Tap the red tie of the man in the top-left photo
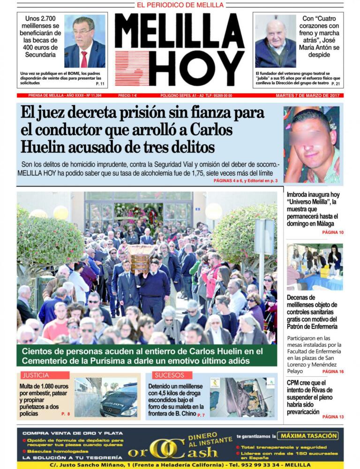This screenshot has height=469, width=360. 84,59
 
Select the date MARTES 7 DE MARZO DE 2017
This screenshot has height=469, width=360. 309,96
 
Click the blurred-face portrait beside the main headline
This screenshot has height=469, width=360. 311,144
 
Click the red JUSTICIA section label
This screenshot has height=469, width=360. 38,375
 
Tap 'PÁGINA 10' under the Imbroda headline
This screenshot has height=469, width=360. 333,233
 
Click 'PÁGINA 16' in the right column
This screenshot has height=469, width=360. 333,372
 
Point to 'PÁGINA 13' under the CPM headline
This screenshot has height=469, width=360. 333,417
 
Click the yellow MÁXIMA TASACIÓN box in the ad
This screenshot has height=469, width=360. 307,436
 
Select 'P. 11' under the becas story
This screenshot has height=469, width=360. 100,84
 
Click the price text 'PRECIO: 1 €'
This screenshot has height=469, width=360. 127,96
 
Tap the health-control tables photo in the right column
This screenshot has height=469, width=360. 315,266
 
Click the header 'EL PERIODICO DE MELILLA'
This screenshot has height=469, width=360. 180,5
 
